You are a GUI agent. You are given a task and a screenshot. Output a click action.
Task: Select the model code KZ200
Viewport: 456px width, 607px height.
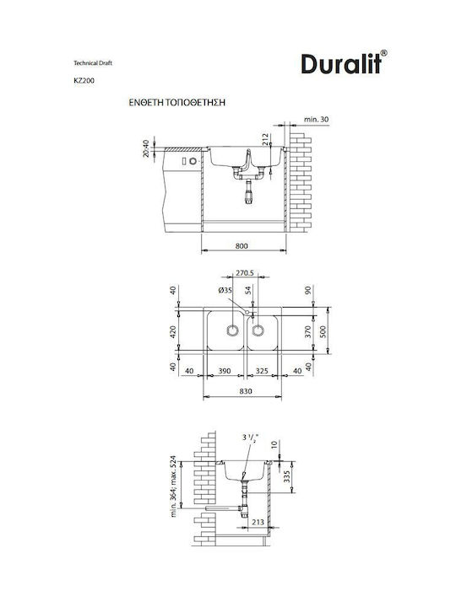click(84, 81)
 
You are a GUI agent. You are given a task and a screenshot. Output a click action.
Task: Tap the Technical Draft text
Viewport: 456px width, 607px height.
click(93, 62)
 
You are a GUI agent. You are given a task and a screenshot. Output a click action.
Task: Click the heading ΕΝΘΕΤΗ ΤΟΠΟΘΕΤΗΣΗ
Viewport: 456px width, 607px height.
click(177, 103)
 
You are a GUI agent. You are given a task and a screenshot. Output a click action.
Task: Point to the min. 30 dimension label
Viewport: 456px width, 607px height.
click(316, 119)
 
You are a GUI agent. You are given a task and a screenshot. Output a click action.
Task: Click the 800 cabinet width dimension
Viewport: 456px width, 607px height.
click(242, 246)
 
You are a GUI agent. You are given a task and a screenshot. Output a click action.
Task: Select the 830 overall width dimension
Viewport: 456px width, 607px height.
click(246, 391)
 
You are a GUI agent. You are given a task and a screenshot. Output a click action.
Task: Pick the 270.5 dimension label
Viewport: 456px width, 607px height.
click(245, 273)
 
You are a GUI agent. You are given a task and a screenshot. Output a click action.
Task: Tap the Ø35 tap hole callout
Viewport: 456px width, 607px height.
click(225, 290)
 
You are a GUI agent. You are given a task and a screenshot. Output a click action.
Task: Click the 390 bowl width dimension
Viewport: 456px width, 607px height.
click(224, 371)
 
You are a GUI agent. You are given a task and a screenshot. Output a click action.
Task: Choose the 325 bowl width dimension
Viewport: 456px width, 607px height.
click(262, 371)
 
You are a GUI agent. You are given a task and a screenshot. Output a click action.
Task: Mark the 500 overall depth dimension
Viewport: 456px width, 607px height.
click(323, 332)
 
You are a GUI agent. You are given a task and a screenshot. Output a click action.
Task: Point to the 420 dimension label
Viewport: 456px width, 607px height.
click(173, 332)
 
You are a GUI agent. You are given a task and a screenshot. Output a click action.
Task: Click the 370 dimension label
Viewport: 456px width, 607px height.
click(308, 332)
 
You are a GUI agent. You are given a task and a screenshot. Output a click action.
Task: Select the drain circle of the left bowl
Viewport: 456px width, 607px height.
click(232, 330)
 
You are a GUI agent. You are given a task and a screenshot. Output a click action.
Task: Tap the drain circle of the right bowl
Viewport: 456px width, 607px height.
click(258, 330)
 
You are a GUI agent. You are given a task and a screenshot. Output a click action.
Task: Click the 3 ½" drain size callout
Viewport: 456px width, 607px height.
click(251, 438)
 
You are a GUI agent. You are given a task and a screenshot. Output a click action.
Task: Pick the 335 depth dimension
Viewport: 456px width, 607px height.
click(286, 476)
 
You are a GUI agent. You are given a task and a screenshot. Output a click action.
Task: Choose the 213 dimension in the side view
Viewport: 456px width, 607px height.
click(258, 522)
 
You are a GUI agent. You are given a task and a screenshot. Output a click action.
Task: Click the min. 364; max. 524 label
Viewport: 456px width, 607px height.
click(173, 486)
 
